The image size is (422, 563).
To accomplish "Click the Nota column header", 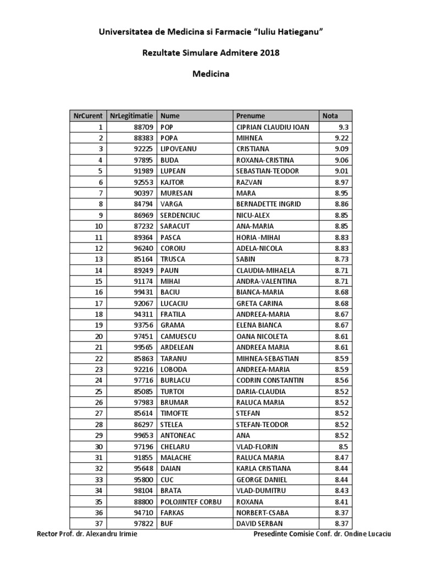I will [330, 116].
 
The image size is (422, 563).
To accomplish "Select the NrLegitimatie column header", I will [131, 116].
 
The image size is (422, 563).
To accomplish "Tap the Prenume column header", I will [251, 116].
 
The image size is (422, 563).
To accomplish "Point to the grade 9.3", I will [345, 127].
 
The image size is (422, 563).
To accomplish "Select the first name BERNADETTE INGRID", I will [269, 204].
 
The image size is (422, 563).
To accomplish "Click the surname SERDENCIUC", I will [181, 215].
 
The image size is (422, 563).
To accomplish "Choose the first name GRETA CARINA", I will [259, 303].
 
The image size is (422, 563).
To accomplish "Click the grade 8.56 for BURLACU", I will [342, 380].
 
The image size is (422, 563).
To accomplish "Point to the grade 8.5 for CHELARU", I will [345, 446].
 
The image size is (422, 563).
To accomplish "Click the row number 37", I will [99, 523].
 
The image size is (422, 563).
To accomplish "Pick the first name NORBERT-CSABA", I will [262, 512].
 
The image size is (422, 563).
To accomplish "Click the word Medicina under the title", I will [210, 73].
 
